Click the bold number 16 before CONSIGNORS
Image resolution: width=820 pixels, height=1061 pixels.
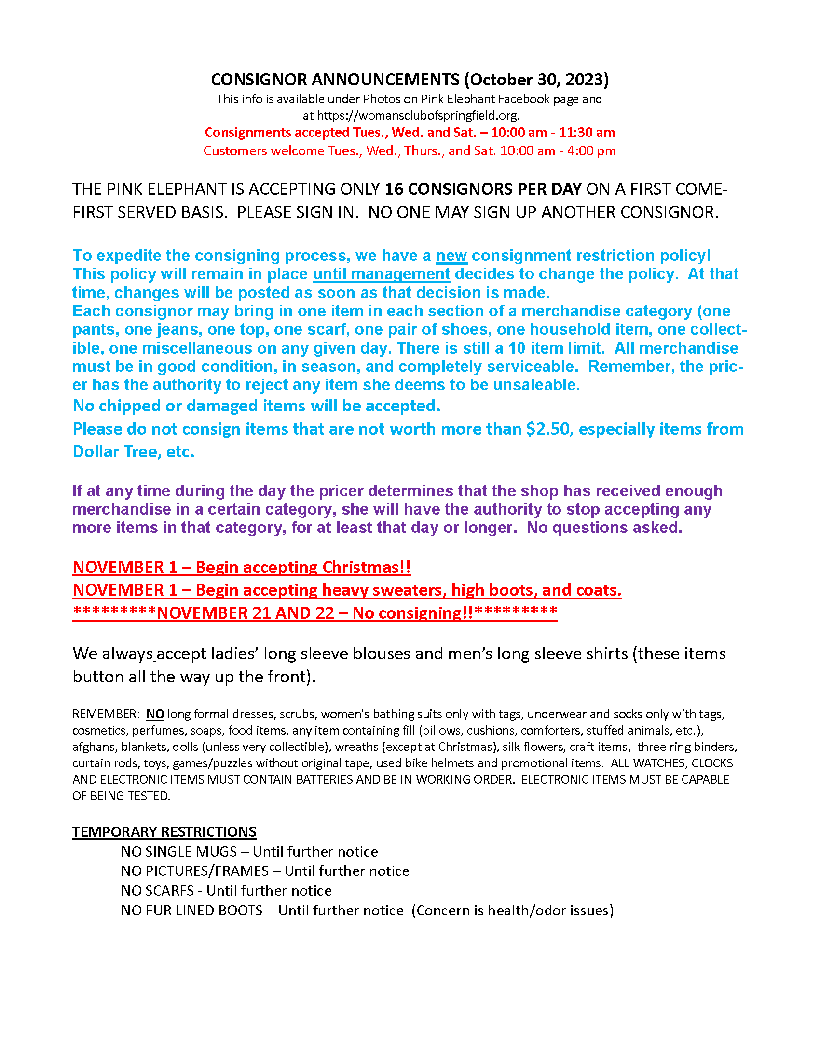[394, 189]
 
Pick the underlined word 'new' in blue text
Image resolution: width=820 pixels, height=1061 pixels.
[451, 256]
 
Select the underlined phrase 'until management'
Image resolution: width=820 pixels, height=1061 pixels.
[382, 274]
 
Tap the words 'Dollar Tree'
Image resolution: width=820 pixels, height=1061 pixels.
[115, 452]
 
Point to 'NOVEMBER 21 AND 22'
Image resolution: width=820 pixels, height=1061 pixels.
[246, 613]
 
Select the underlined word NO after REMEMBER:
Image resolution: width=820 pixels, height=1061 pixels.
[155, 714]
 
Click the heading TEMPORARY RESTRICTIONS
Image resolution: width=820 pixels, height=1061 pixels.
[164, 832]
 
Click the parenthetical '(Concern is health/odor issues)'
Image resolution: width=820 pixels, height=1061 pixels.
[512, 911]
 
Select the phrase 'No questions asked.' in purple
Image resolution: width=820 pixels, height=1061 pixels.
[604, 528]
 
